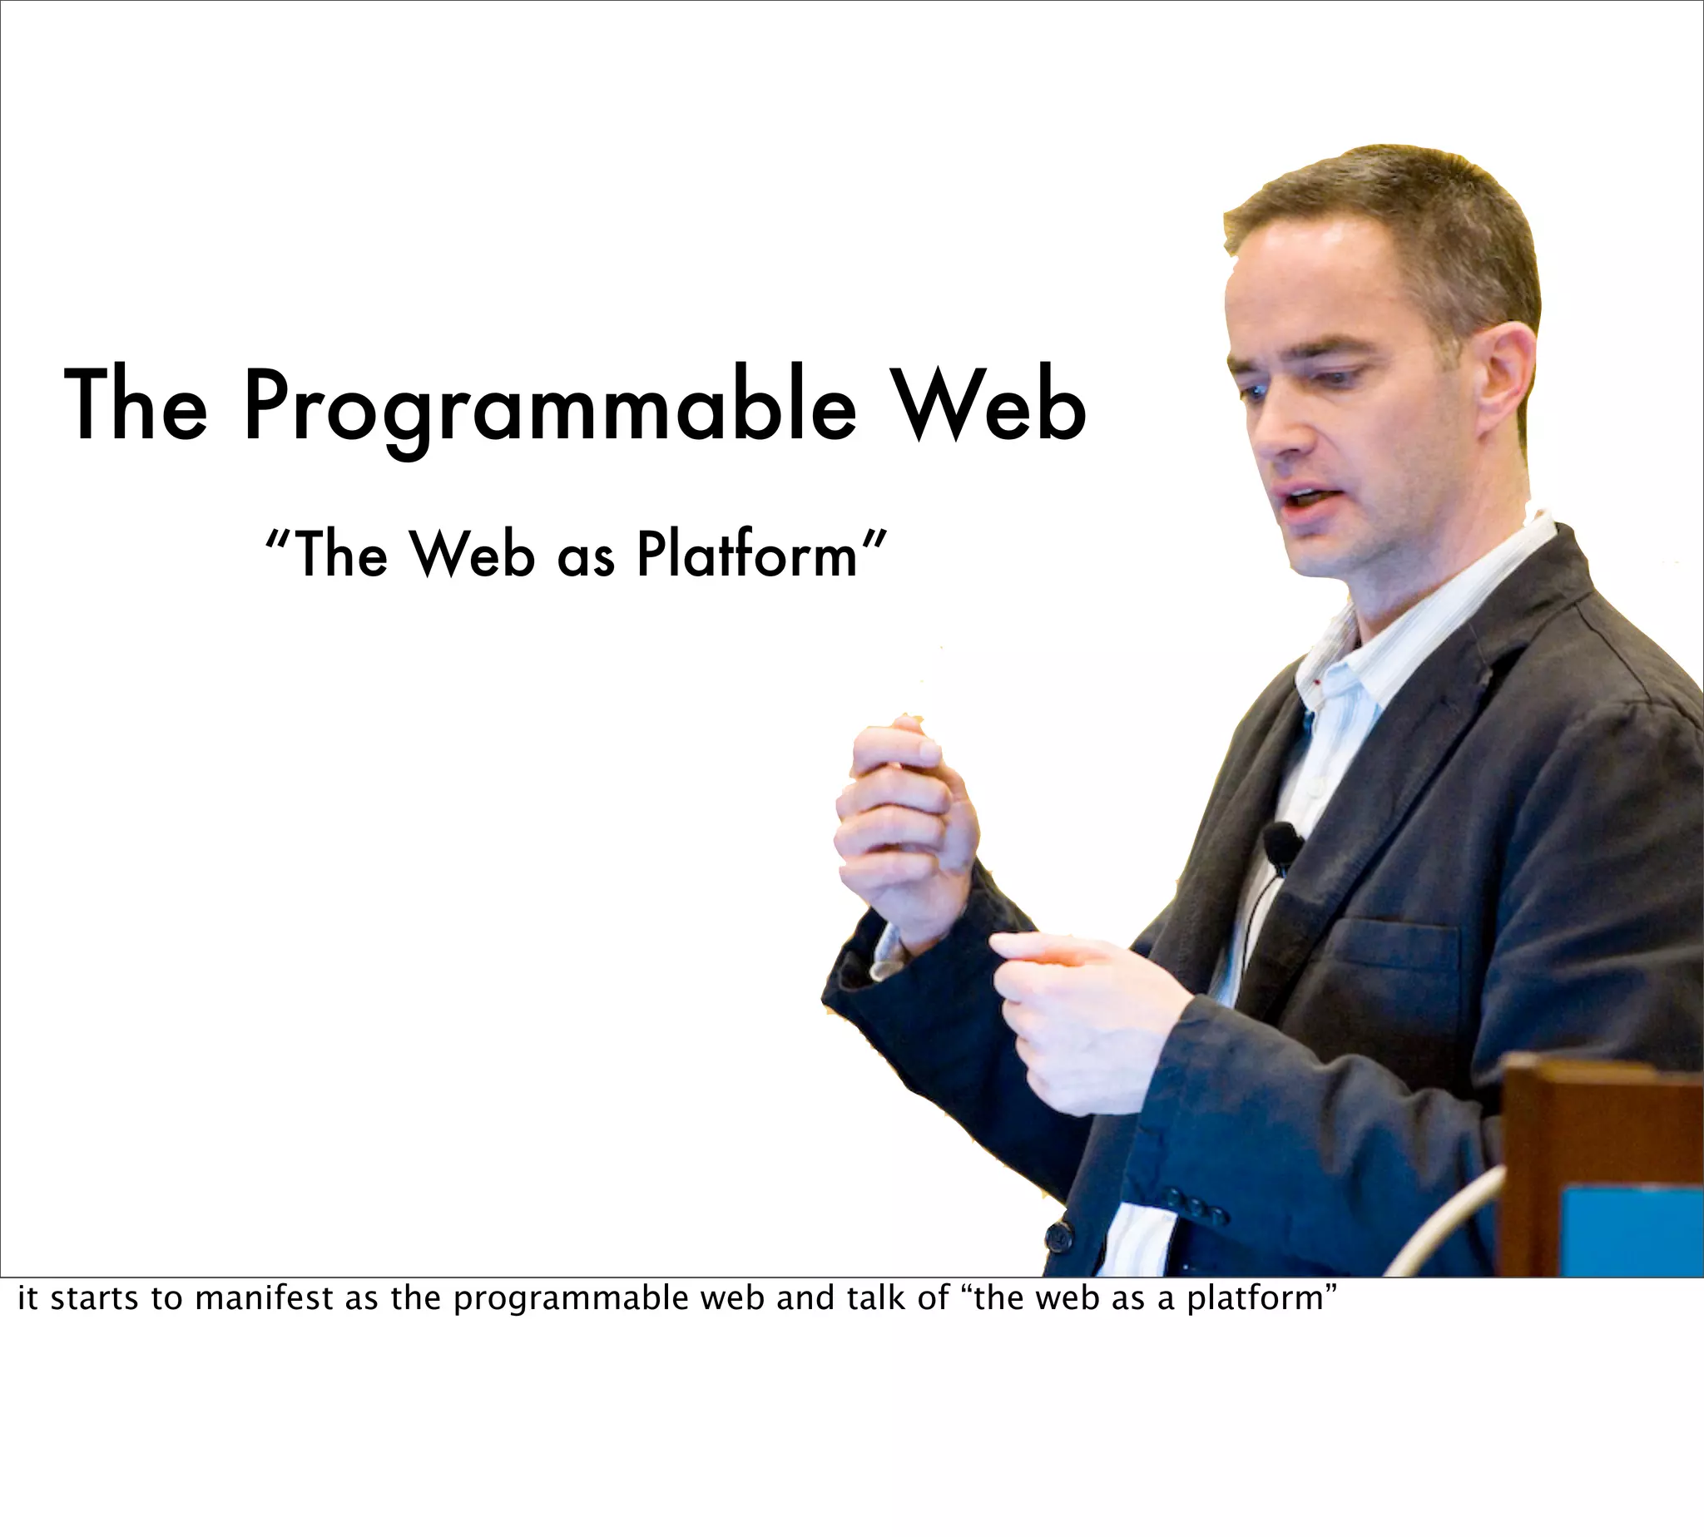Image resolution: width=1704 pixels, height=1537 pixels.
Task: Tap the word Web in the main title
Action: [990, 403]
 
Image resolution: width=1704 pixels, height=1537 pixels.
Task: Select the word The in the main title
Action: [135, 403]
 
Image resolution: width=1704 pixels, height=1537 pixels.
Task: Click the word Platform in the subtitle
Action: [747, 555]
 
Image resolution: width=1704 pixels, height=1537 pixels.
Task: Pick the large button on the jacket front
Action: [1058, 1238]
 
